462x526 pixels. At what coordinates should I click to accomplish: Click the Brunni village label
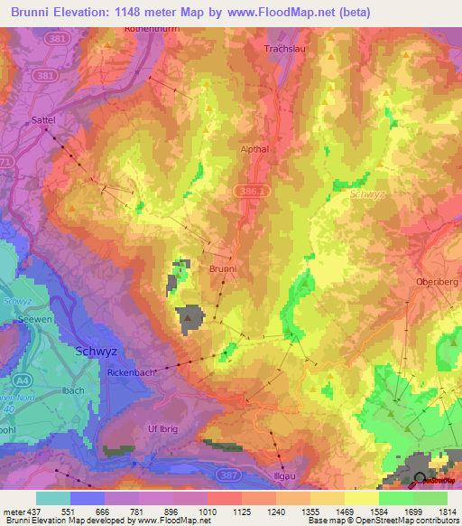[222, 269]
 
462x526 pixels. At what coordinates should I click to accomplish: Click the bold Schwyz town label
[97, 352]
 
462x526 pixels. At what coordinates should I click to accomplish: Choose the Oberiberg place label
[437, 282]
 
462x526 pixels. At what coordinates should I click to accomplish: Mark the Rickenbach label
[133, 371]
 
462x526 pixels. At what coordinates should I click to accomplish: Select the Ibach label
[73, 390]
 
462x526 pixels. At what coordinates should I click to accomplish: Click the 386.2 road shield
[254, 191]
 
